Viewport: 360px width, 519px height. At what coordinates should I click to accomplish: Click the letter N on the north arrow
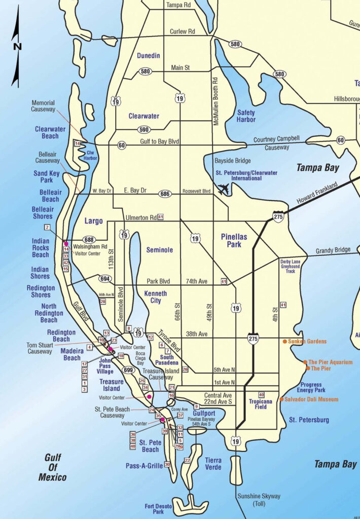[18, 47]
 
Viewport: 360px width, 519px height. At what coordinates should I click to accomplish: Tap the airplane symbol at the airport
[223, 190]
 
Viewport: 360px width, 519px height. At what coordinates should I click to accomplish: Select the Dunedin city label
[149, 56]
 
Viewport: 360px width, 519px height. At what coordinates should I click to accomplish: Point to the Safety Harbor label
[246, 116]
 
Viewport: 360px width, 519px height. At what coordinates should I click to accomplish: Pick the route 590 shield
[144, 130]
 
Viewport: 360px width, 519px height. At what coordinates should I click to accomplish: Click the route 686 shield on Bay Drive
[164, 193]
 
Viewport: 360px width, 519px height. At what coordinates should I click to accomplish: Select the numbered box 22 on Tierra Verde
[187, 460]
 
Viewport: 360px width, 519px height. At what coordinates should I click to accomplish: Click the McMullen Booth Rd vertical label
[215, 101]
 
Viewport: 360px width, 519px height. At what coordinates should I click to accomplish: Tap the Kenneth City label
[155, 297]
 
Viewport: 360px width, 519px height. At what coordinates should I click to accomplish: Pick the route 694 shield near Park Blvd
[105, 279]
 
